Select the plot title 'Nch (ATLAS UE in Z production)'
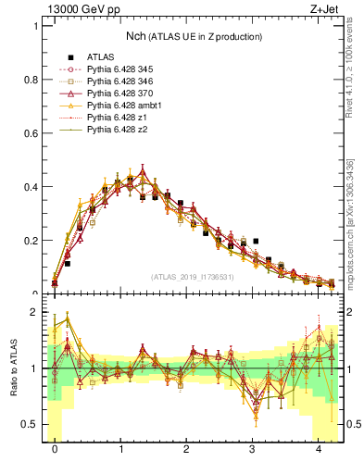click(195, 36)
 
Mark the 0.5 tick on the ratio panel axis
click(32, 424)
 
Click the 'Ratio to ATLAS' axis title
click(13, 368)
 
